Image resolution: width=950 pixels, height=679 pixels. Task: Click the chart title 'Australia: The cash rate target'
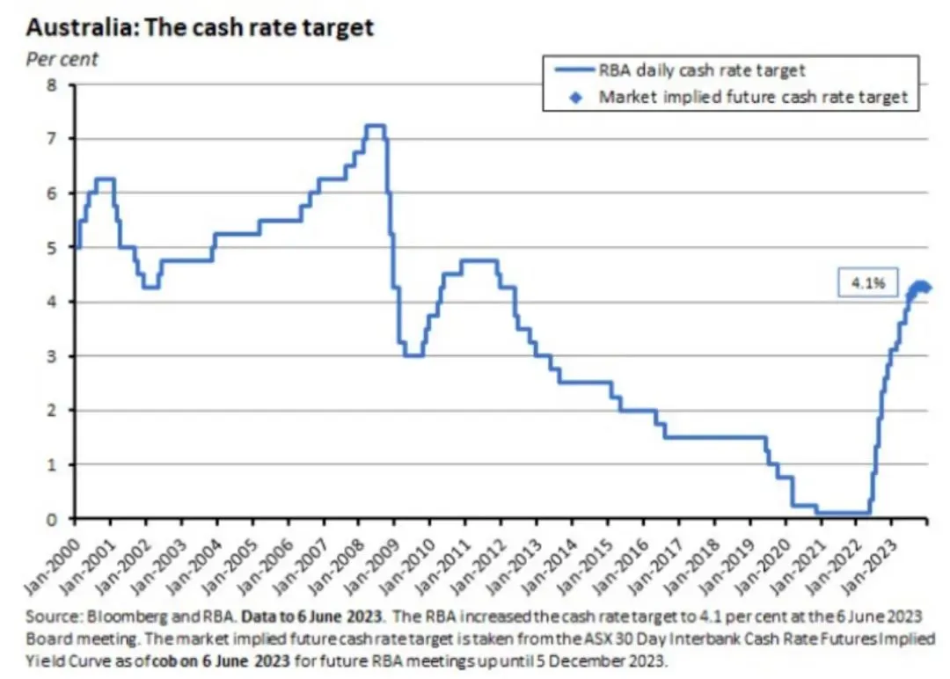201,27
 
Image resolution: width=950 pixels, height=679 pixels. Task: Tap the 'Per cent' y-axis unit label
62,60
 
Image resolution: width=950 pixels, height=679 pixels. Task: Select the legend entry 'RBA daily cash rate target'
701,69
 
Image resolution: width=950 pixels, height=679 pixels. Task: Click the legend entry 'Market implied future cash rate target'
752,97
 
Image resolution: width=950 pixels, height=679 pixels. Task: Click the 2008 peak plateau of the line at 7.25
375,126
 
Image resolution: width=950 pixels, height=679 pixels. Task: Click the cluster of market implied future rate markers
920,287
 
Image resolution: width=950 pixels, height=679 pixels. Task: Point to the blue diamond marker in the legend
575,98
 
